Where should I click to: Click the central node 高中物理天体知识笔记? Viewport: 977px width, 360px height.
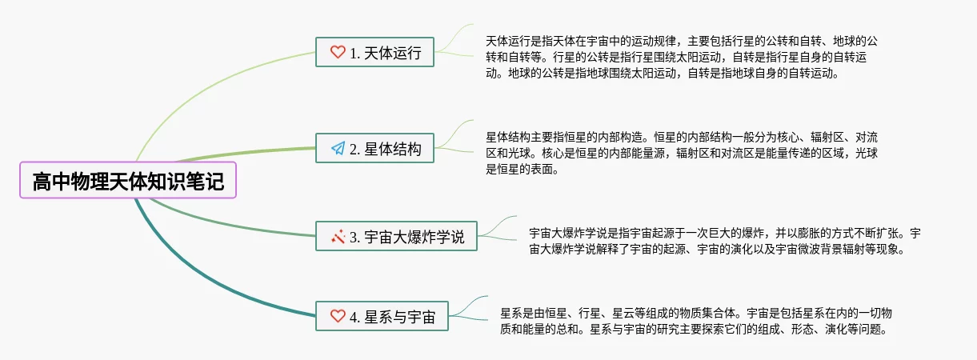(128, 182)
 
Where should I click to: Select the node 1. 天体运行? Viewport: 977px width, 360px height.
(374, 54)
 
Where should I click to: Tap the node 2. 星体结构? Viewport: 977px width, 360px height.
(374, 149)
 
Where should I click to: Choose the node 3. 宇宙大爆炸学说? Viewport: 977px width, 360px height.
(396, 237)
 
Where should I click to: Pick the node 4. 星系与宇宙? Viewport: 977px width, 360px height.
(382, 316)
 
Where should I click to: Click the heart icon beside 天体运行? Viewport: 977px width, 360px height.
(338, 54)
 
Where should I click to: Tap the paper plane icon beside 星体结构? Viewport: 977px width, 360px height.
(338, 149)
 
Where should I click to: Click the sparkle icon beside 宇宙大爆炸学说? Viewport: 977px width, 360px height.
(338, 237)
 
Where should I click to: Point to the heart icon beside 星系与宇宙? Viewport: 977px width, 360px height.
(338, 316)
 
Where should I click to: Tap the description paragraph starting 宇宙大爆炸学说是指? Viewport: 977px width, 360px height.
(724, 241)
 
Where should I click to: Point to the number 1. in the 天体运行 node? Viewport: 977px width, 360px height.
(355, 54)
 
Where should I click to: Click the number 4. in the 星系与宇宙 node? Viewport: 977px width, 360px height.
(355, 316)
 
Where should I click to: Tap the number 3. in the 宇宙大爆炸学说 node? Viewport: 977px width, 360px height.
(355, 237)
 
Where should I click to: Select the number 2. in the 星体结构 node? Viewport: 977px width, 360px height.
(355, 149)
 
